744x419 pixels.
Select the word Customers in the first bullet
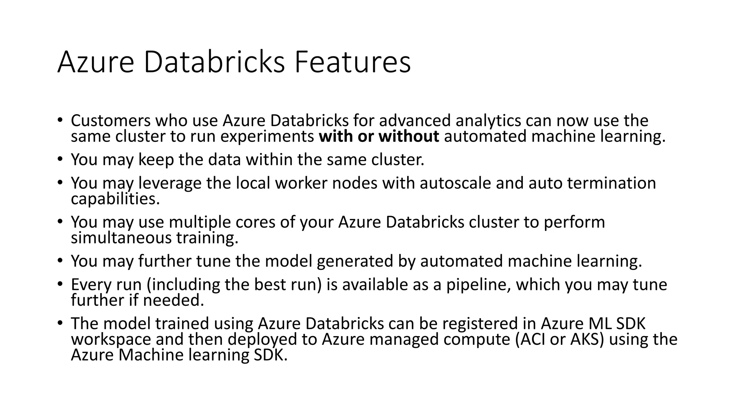[111, 121]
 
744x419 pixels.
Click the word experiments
[267, 137]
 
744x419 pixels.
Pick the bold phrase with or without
[379, 136]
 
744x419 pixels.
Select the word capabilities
[115, 199]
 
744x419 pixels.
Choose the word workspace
[111, 340]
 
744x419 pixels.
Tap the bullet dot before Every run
[60, 283]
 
